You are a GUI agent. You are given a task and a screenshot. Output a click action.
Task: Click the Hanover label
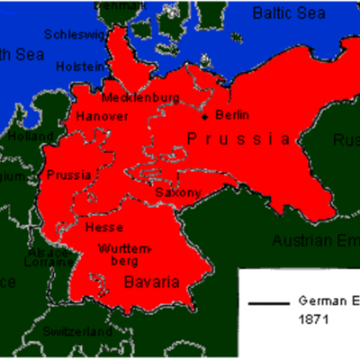pos(102,116)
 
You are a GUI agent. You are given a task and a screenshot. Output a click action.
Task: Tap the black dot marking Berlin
pos(206,116)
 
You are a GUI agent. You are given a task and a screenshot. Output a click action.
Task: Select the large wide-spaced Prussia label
pos(238,139)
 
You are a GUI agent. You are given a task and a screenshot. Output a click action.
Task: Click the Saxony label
pos(172,193)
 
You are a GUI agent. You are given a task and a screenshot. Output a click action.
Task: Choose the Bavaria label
pos(151,283)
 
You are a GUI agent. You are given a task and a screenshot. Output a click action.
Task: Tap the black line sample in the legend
pos(266,303)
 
